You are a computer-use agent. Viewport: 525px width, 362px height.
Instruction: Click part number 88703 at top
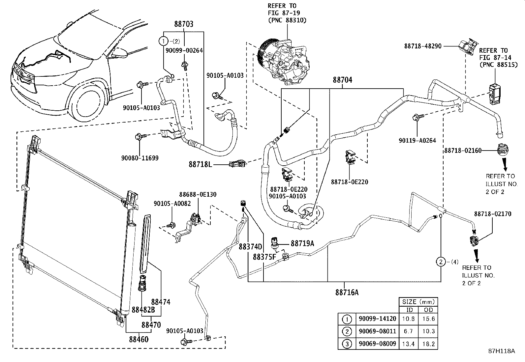pyautogui.click(x=184, y=24)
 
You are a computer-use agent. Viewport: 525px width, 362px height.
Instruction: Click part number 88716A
pyautogui.click(x=347, y=292)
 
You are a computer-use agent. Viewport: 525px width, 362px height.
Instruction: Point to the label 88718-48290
pyautogui.click(x=422, y=46)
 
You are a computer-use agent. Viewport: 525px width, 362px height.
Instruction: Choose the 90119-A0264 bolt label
pyautogui.click(x=417, y=140)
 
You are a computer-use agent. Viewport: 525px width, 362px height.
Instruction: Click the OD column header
pyautogui.click(x=428, y=310)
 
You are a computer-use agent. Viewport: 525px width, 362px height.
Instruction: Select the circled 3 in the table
pyautogui.click(x=346, y=344)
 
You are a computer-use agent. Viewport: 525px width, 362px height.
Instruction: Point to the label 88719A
pyautogui.click(x=302, y=243)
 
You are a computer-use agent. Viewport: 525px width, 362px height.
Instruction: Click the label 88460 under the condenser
pyautogui.click(x=139, y=339)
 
